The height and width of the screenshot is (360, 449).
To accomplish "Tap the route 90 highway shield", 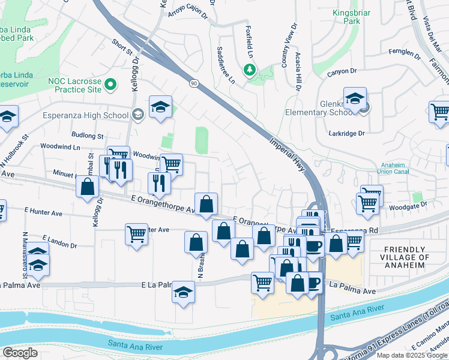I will pos(192,82).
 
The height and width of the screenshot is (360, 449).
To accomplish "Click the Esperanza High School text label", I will pos(85,115).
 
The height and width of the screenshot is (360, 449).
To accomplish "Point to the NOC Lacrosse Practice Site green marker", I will pos(110,84).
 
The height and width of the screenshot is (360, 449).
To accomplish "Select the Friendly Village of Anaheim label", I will pos(407,257).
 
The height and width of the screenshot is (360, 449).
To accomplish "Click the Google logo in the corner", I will pos(20,352).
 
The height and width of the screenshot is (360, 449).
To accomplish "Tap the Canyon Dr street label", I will pos(342,73).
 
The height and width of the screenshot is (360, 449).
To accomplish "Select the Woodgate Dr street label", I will pos(408,205).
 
